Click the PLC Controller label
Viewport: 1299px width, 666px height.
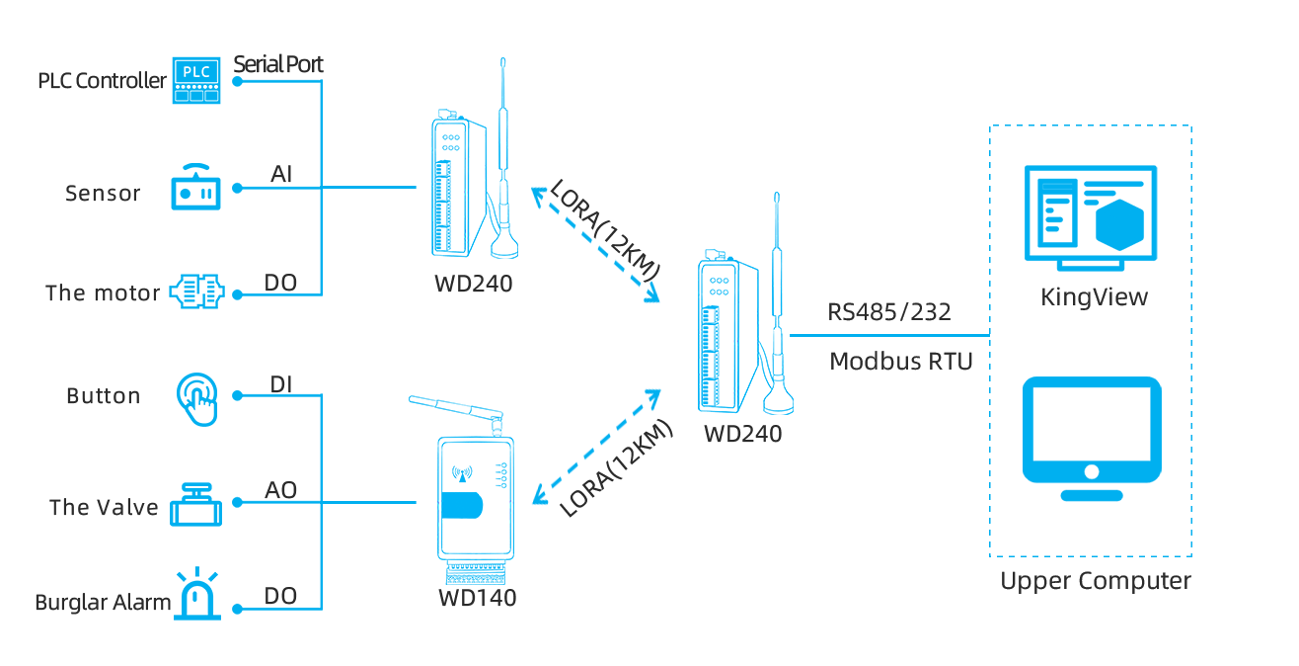pos(102,81)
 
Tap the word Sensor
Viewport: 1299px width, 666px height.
pos(103,193)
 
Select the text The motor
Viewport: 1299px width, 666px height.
pos(103,292)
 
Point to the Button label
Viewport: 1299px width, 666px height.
pos(103,395)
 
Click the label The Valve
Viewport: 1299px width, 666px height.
pos(104,507)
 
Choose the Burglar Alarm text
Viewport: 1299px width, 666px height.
pos(103,602)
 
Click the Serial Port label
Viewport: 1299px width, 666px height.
pos(278,64)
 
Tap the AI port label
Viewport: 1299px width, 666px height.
pos(281,175)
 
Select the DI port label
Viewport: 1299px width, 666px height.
pos(281,384)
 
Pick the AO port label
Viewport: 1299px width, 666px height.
pos(281,490)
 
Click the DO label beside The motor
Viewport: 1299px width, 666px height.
pos(281,284)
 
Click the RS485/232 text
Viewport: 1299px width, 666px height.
pos(889,312)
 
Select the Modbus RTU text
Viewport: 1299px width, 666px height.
pos(901,361)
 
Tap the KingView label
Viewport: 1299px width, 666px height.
pos(1095,297)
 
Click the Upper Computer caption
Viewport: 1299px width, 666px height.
pos(1095,580)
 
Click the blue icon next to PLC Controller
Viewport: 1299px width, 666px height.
pos(196,80)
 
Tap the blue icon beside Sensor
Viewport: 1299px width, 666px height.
pos(195,187)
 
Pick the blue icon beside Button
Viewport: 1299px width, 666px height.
pos(196,399)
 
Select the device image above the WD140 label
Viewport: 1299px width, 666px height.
pos(461,490)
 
